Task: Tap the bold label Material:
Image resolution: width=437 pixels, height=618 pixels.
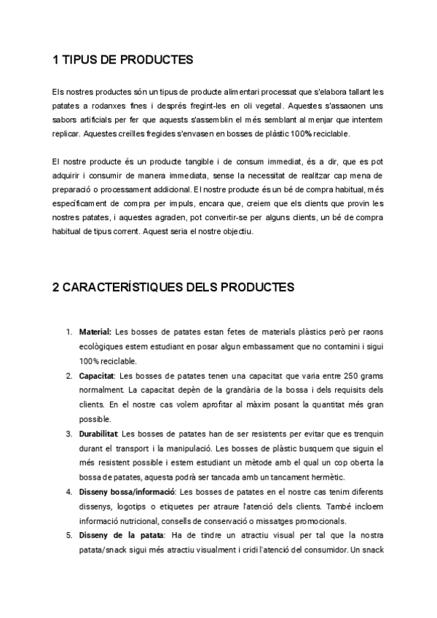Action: [x=95, y=332]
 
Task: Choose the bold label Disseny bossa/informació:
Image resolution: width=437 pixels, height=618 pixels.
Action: [x=127, y=492]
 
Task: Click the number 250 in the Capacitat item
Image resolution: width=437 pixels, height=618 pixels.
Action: [x=351, y=375]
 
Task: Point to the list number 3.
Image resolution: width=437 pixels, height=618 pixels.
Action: [x=69, y=434]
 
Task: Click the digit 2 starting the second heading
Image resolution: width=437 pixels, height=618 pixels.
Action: [x=56, y=286]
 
